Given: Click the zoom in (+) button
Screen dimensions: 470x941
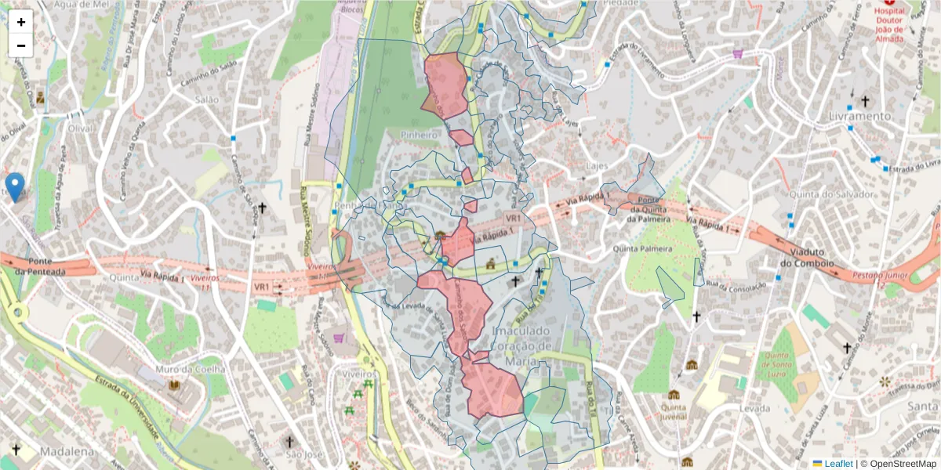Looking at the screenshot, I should (21, 22).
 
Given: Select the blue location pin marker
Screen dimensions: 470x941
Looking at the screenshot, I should (14, 186).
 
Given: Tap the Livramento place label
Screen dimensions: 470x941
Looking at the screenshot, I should (859, 116).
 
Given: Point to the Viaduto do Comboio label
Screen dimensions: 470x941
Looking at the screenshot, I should (808, 258).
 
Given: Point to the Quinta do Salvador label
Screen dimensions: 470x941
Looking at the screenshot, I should (842, 194).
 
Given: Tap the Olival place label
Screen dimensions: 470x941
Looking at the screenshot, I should (80, 128).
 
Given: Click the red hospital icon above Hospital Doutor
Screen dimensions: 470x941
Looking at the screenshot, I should (888, 3).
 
